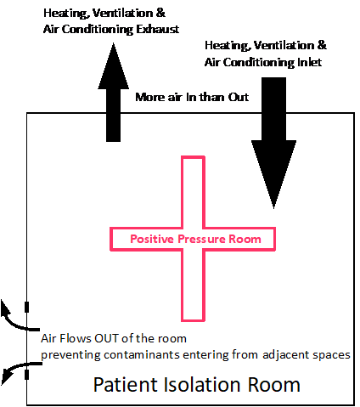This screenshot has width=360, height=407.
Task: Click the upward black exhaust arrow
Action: point(114,92)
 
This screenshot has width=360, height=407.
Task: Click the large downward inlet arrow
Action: point(273,143)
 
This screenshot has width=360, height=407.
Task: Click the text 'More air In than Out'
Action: point(192,97)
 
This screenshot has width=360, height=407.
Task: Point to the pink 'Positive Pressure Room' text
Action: point(195,239)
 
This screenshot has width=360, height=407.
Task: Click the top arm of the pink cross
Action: point(193,192)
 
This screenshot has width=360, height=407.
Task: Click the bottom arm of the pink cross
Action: point(193,285)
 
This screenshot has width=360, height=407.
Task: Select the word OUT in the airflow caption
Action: point(105,338)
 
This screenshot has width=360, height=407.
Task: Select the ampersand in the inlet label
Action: point(322,45)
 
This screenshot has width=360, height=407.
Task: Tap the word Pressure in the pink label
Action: point(201,239)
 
